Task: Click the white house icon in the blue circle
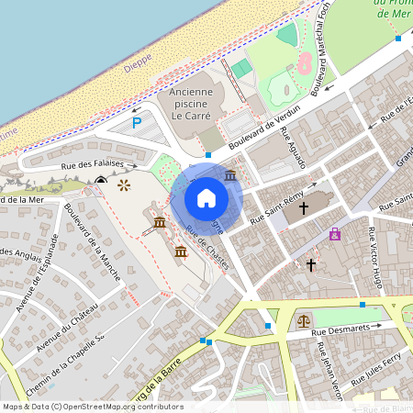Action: pyautogui.click(x=206, y=197)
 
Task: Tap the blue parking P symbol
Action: pyautogui.click(x=137, y=122)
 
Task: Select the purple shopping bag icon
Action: pyautogui.click(x=335, y=234)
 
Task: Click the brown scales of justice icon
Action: pyautogui.click(x=304, y=321)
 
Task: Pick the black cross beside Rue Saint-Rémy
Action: pyautogui.click(x=303, y=208)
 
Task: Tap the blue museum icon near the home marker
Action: pyautogui.click(x=229, y=174)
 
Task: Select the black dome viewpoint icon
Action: pyautogui.click(x=99, y=181)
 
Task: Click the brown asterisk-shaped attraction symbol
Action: pyautogui.click(x=124, y=185)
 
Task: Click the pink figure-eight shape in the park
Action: pyautogui.click(x=303, y=62)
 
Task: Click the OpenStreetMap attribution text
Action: pyautogui.click(x=92, y=406)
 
